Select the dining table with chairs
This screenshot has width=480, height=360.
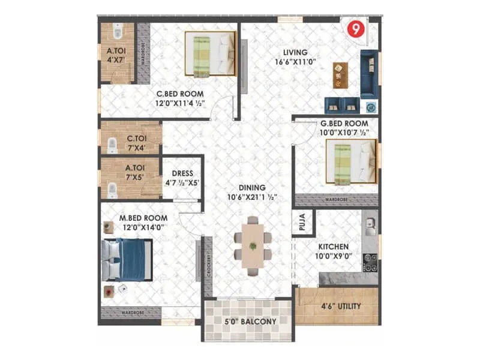point(252,245)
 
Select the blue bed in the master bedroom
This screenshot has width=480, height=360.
point(127,260)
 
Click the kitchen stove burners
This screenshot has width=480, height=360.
point(370,262)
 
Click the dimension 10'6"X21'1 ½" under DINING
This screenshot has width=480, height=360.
point(251,197)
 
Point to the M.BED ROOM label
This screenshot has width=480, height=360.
point(143,222)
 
